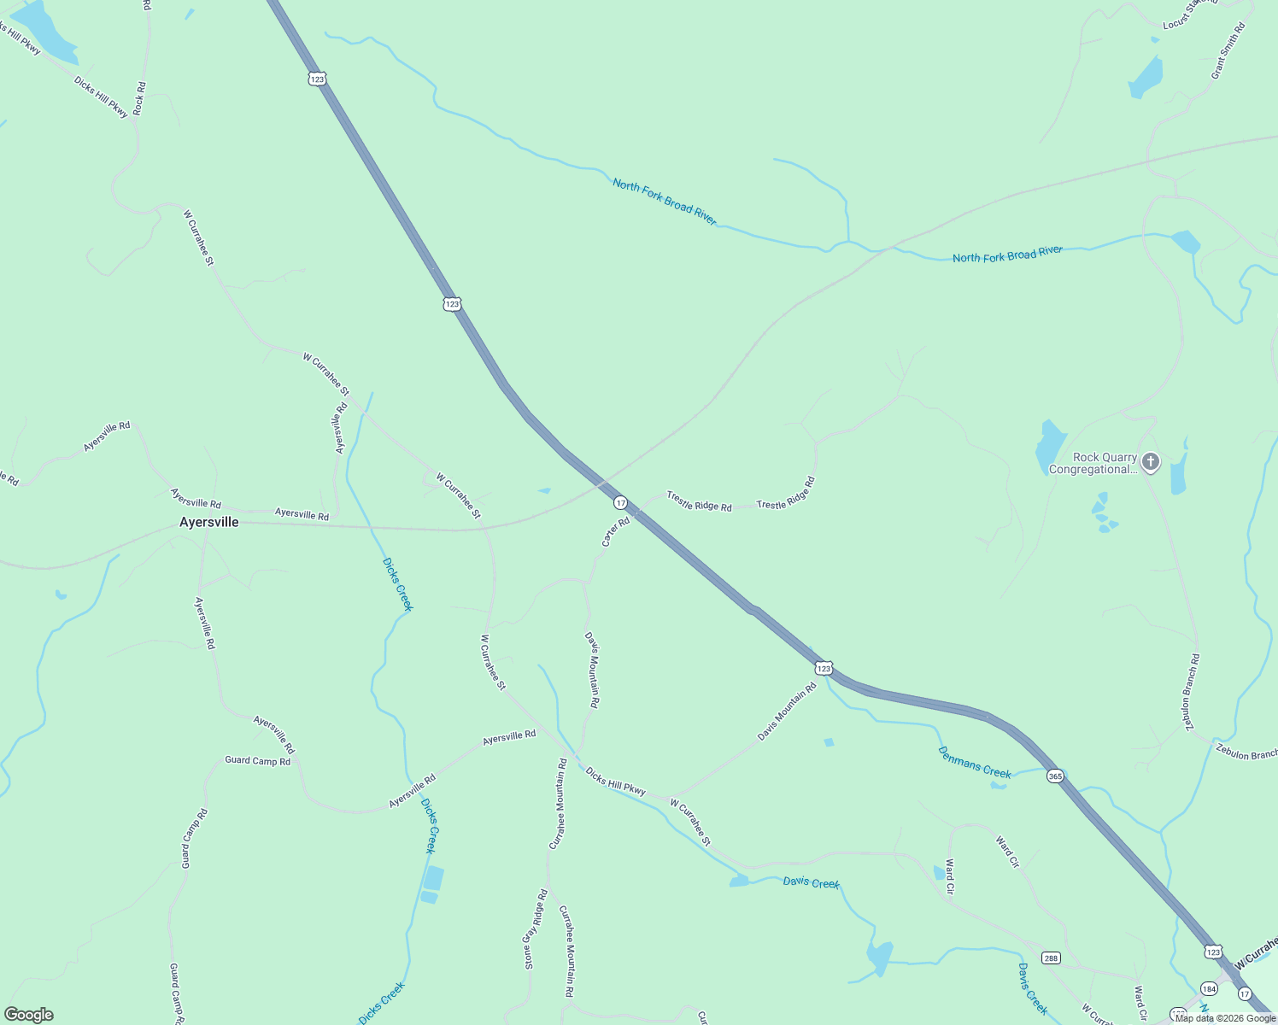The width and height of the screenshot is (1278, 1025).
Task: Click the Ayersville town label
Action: click(x=208, y=522)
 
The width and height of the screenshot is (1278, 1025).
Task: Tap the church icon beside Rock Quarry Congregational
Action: click(x=1151, y=463)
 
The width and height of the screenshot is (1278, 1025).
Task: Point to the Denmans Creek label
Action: click(x=974, y=763)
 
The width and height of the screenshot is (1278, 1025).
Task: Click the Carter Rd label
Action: click(x=615, y=531)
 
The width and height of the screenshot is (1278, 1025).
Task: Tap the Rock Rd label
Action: click(x=140, y=98)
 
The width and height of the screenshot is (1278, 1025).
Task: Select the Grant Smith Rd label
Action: click(x=1228, y=51)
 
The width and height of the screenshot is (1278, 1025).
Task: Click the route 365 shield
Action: click(x=1056, y=776)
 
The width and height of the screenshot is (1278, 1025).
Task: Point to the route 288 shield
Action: click(x=1051, y=958)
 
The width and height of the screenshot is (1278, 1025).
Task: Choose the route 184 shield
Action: click(x=1208, y=988)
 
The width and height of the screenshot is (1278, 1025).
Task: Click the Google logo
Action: click(x=29, y=1015)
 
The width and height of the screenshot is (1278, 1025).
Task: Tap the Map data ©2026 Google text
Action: click(x=1225, y=1017)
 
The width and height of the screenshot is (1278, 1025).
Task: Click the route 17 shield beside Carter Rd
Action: click(x=621, y=503)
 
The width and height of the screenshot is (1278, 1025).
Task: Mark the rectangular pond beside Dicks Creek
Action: click(x=433, y=879)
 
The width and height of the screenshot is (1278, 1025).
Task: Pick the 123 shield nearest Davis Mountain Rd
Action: click(x=823, y=669)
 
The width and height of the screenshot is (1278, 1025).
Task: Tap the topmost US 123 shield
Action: click(x=317, y=79)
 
